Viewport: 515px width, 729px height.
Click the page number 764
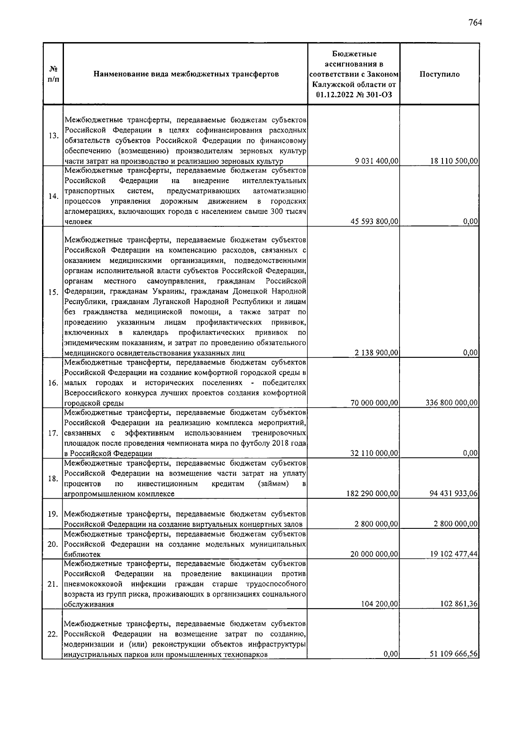tap(475, 23)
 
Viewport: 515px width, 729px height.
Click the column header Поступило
tap(439, 74)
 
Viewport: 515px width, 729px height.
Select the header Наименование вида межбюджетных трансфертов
tap(186, 74)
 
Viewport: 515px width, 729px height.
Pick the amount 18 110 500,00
tap(454, 161)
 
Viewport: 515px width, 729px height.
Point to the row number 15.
tap(53, 293)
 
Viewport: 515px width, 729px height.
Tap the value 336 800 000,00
tap(451, 403)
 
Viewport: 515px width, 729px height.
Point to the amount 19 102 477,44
tap(454, 554)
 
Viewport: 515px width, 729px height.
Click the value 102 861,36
tap(459, 604)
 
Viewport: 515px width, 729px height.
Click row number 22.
tap(53, 634)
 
